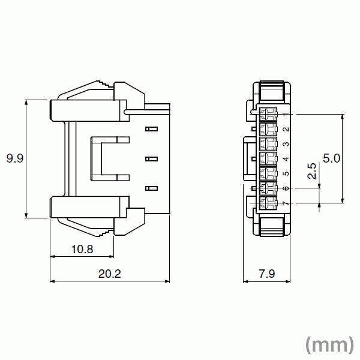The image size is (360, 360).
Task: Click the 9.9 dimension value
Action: (14, 159)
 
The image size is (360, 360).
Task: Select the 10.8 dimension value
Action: (82, 248)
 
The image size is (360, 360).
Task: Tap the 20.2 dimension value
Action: (109, 274)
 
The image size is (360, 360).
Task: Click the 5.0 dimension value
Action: (332, 158)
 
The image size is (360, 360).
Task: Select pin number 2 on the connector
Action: (286, 129)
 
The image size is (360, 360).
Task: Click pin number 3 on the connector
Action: (286, 144)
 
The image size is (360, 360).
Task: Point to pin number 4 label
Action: (286, 159)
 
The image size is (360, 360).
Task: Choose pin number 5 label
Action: (286, 174)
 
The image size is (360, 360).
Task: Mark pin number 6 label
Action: (286, 189)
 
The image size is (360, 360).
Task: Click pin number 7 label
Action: (286, 204)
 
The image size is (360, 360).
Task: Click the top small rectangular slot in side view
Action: (151, 129)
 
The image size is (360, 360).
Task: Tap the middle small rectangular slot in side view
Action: (151, 159)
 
